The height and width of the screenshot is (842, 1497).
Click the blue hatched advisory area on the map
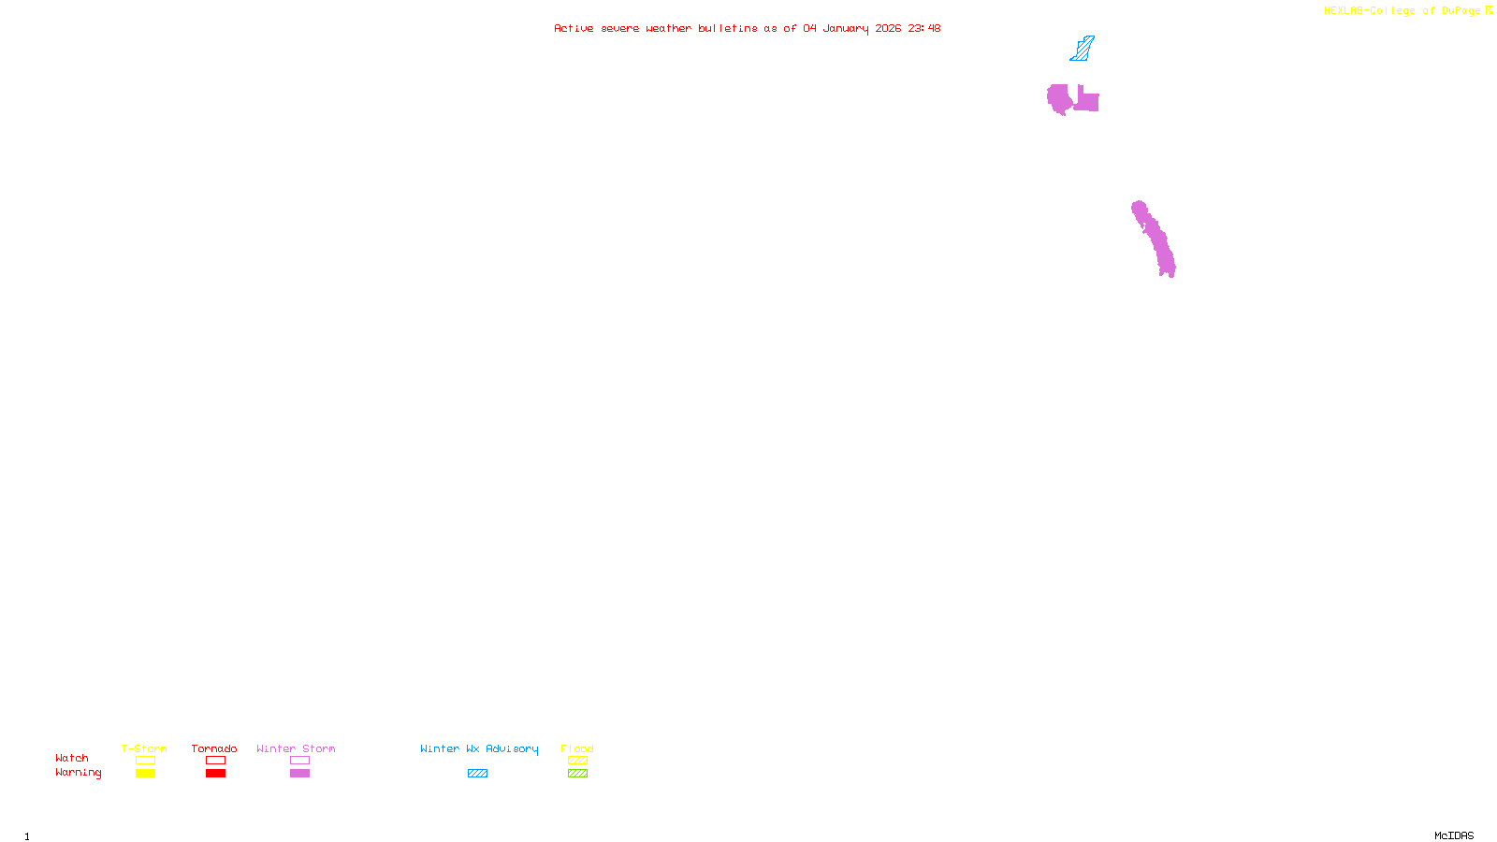click(x=1083, y=50)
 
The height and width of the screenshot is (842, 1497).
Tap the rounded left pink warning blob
click(x=1058, y=97)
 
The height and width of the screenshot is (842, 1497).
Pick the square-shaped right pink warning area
click(x=1087, y=101)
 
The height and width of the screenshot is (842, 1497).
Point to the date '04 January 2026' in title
click(x=851, y=28)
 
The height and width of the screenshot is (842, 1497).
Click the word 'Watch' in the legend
click(x=72, y=758)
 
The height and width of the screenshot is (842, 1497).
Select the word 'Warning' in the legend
click(x=78, y=773)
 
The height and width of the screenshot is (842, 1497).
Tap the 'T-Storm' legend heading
click(x=144, y=748)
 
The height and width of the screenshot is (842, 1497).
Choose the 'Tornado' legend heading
click(x=214, y=748)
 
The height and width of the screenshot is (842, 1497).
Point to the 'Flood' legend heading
click(x=577, y=748)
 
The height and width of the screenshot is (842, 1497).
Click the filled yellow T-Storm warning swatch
click(x=145, y=774)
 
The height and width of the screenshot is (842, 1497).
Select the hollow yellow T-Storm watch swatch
click(x=145, y=761)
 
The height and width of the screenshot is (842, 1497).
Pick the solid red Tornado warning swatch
click(x=216, y=774)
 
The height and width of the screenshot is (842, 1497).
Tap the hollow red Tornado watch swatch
click(x=216, y=761)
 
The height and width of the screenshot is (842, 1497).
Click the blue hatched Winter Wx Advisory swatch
click(x=477, y=774)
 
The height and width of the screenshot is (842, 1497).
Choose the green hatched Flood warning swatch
click(x=577, y=774)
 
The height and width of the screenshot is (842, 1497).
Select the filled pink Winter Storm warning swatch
click(x=299, y=774)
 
